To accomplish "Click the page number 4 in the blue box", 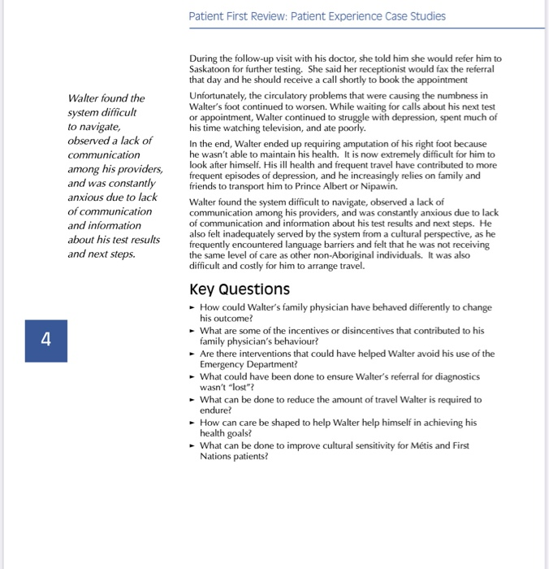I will (46, 339).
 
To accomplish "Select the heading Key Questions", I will (239, 289).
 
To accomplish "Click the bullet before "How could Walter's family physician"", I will (192, 308).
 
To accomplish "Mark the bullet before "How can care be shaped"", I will (192, 423).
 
